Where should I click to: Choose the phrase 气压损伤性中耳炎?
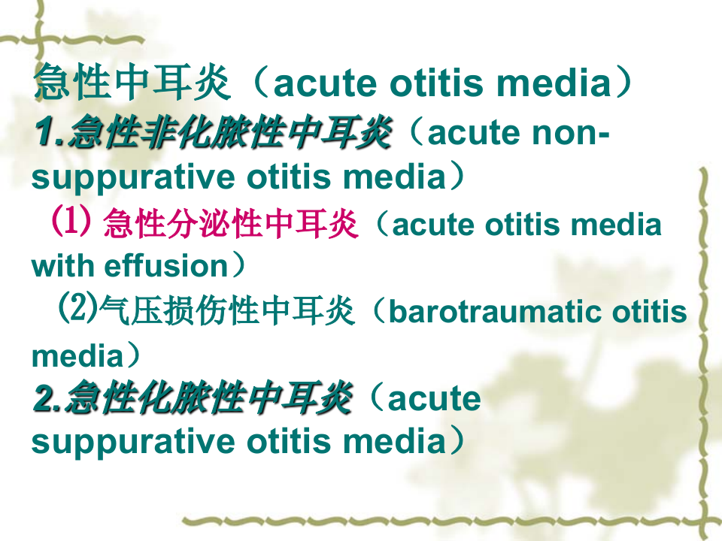click(226, 311)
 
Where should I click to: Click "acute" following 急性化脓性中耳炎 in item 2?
click(434, 399)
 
